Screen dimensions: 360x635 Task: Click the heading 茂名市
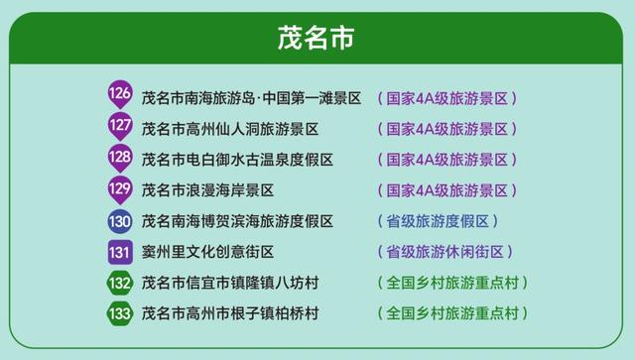point(317,40)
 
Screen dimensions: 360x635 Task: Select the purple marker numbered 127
point(119,127)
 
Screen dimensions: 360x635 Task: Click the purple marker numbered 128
point(119,158)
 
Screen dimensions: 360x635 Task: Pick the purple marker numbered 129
point(119,188)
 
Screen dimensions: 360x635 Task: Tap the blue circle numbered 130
point(119,220)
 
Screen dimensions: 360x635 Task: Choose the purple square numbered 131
point(119,252)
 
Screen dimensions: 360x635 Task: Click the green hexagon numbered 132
point(119,283)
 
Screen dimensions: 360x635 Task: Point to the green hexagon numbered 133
point(119,313)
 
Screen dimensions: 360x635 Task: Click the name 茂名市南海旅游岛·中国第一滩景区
point(251,98)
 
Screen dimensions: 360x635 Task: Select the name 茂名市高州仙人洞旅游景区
point(229,129)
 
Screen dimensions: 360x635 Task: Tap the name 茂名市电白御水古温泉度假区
point(237,160)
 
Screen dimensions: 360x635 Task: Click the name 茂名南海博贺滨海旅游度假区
point(237,221)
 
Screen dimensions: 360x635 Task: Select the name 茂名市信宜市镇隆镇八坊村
point(229,283)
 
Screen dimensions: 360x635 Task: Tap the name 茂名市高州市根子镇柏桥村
point(229,313)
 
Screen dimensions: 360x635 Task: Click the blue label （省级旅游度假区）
point(437,221)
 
